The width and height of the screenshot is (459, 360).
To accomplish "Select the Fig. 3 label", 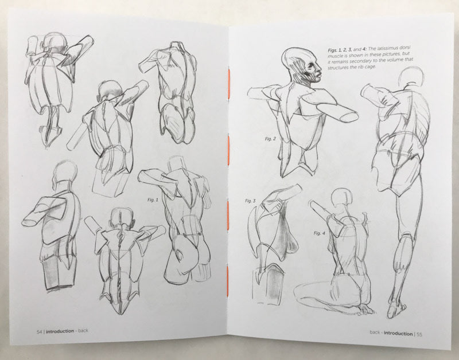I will pyautogui.click(x=250, y=201).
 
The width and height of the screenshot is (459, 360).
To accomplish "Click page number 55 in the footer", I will pyautogui.click(x=419, y=334).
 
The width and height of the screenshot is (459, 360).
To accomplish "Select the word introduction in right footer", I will pyautogui.click(x=398, y=334).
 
